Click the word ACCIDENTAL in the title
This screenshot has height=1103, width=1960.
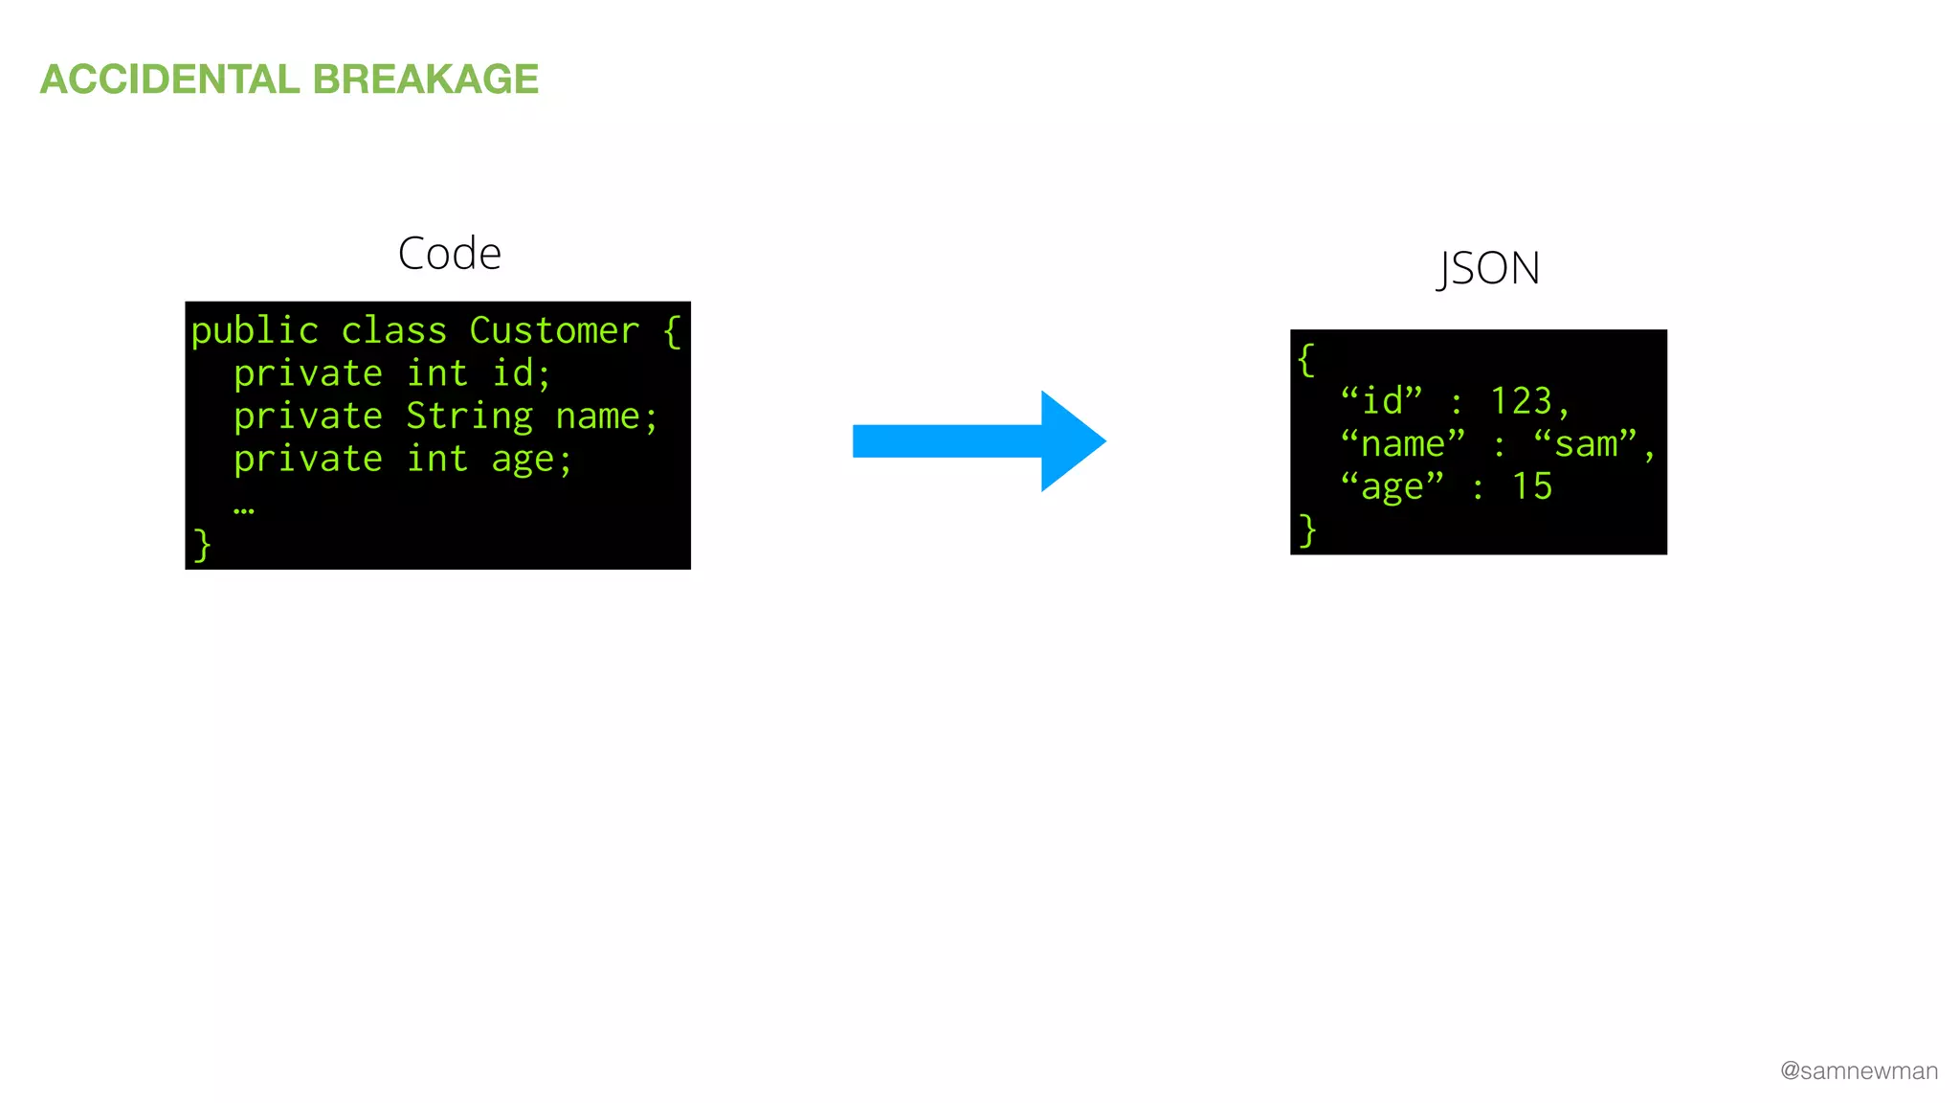(x=169, y=79)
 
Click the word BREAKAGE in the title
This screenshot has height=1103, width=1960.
(x=425, y=79)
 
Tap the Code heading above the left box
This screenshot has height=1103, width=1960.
(x=449, y=254)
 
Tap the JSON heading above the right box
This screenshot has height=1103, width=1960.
(x=1488, y=268)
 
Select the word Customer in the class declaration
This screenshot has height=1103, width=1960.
(x=554, y=331)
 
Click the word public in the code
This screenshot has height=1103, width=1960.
(x=255, y=331)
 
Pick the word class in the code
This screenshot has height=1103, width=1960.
(x=393, y=331)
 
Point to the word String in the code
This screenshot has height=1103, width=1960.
(x=469, y=417)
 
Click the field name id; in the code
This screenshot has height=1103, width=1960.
(x=522, y=373)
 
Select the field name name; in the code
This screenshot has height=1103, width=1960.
(x=607, y=417)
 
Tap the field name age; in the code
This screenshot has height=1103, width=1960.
(x=531, y=461)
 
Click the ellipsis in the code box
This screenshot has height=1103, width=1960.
(x=244, y=510)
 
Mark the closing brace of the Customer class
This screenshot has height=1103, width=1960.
(x=202, y=545)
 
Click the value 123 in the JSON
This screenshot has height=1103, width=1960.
(x=1521, y=401)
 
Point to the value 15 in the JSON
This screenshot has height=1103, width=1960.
(x=1531, y=486)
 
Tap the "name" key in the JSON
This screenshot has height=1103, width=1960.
(x=1403, y=444)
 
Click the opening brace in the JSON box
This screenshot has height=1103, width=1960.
(x=1306, y=360)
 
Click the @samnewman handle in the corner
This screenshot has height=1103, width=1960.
(x=1859, y=1071)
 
